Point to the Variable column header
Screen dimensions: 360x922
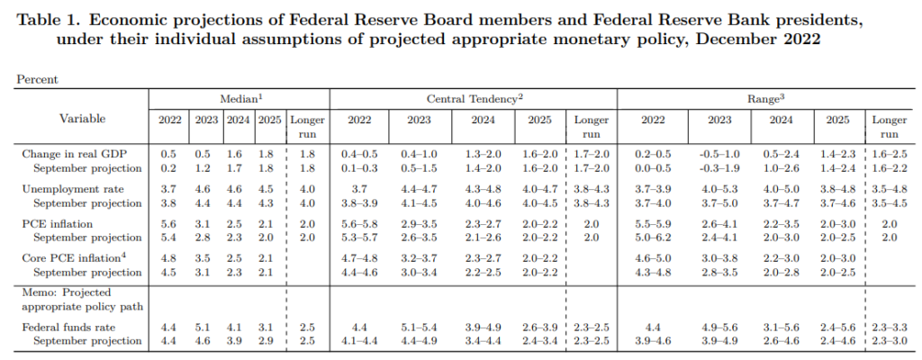pyautogui.click(x=83, y=119)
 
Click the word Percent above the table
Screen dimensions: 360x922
pyautogui.click(x=38, y=79)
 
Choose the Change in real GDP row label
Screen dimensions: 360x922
pyautogui.click(x=68, y=155)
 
